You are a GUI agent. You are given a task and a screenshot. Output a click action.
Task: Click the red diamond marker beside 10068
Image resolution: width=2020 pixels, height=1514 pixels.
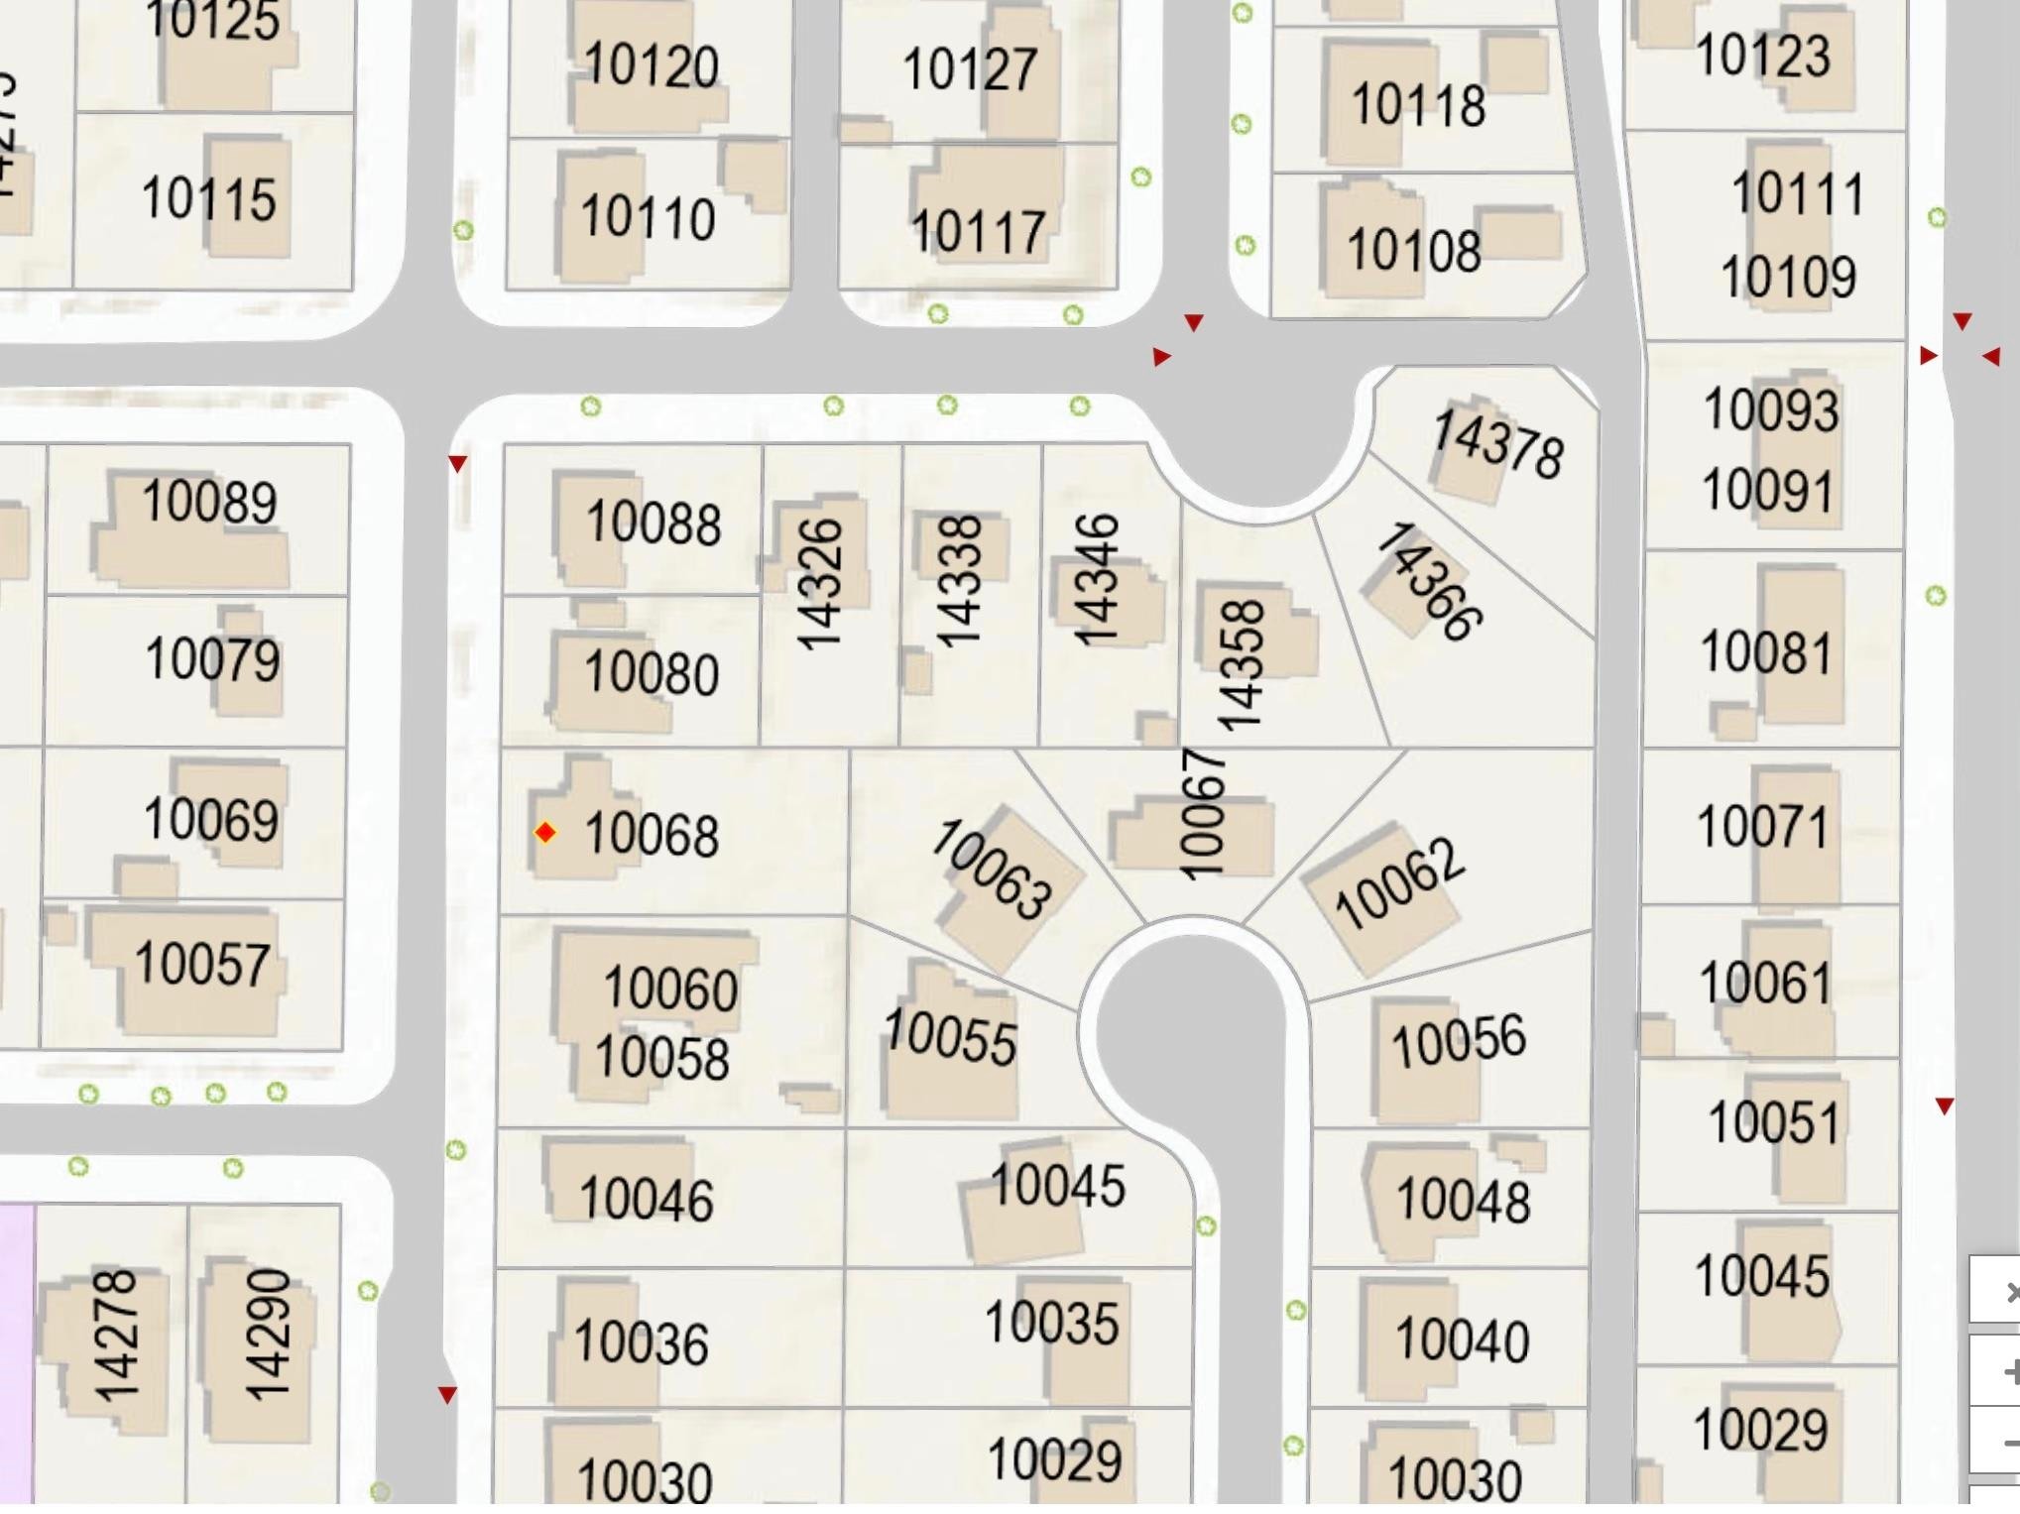tap(545, 832)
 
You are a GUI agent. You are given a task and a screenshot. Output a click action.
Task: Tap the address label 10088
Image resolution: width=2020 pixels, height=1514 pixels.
tap(653, 523)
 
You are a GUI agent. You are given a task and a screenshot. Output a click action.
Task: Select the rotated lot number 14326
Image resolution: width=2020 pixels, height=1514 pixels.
tap(820, 584)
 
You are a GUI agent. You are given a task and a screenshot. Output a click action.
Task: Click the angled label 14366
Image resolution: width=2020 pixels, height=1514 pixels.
tap(1430, 582)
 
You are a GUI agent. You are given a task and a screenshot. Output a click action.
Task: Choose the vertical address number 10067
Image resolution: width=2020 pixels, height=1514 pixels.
tap(1202, 814)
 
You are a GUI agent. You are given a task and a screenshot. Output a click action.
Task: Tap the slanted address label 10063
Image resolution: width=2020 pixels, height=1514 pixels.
tap(992, 870)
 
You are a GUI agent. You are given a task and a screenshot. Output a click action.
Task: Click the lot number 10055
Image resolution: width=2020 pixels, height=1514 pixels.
tap(950, 1037)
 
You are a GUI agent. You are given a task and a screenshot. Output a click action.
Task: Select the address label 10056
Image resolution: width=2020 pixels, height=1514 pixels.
tap(1458, 1041)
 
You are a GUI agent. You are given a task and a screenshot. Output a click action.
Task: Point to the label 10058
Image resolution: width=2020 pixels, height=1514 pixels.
tap(662, 1057)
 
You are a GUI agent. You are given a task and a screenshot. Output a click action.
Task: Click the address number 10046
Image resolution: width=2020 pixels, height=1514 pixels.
tap(646, 1199)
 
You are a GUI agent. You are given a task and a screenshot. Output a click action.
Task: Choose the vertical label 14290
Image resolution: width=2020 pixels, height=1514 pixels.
tap(268, 1335)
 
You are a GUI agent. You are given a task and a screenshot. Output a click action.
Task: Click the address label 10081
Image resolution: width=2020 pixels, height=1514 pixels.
tap(1765, 652)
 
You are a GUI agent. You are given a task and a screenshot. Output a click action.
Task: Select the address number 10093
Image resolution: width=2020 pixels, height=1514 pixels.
tap(1771, 409)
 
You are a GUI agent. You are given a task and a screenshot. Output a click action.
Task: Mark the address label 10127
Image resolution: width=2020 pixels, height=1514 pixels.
tap(970, 69)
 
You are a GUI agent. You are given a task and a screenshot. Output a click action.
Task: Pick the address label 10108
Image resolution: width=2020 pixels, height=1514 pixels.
tap(1413, 250)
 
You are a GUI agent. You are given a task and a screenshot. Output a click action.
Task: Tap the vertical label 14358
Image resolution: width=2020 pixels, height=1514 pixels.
tap(1241, 665)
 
